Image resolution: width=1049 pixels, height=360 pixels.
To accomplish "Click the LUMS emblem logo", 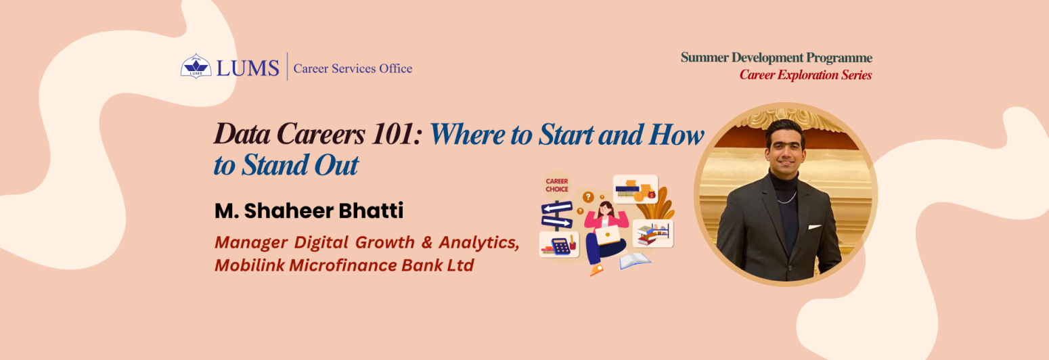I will pos(196,66).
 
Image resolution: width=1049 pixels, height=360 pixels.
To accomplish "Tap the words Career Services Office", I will pos(353,68).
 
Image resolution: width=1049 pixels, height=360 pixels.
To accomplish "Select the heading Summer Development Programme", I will pos(776,58).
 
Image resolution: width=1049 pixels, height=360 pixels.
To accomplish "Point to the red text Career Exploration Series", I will pos(805,75).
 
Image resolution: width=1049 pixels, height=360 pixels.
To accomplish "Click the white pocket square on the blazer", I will pos(814,227).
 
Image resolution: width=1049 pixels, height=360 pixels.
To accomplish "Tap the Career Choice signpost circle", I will pos(558,185).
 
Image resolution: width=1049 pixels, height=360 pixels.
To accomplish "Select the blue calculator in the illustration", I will pos(561,248).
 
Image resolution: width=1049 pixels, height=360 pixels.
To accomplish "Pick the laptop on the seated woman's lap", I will pos(607,235).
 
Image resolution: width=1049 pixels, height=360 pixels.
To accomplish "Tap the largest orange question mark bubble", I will pos(588,197).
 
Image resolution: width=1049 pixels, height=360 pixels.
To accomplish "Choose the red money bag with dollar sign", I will pos(651,196).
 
